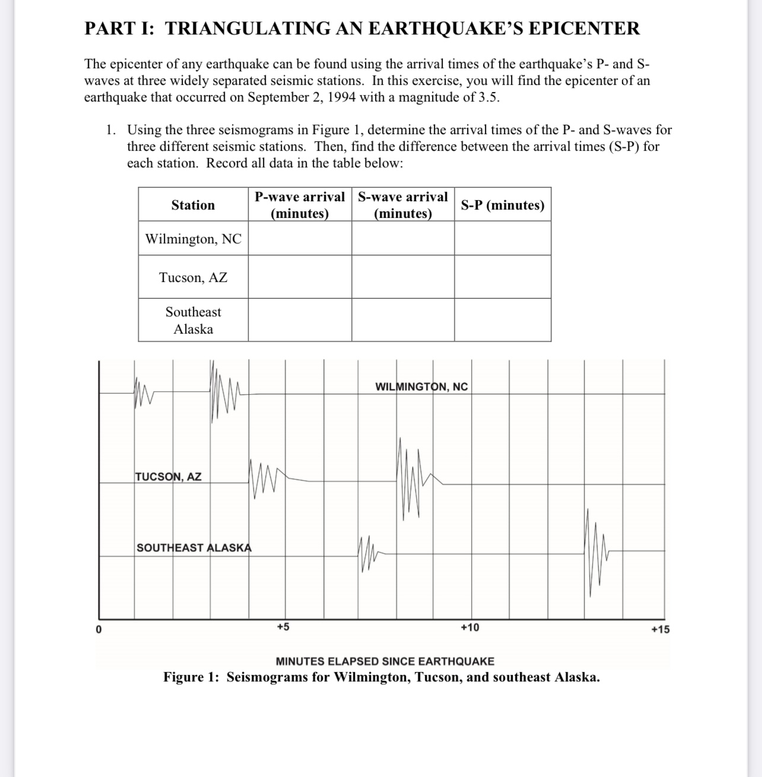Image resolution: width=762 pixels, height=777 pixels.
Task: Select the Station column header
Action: click(x=193, y=205)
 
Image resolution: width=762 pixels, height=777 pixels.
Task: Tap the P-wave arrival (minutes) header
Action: click(x=300, y=205)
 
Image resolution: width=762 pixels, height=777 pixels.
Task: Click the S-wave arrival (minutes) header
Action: click(x=403, y=205)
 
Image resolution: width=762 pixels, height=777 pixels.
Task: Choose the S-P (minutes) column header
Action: click(x=503, y=205)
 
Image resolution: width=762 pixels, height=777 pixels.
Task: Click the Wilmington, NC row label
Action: click(x=193, y=239)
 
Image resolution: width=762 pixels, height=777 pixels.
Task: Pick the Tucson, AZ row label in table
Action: click(x=193, y=277)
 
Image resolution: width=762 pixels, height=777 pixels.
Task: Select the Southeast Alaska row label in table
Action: click(x=193, y=320)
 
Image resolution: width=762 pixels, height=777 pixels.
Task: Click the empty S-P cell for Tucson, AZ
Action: click(x=503, y=277)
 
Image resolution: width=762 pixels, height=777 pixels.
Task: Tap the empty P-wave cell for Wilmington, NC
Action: click(x=300, y=239)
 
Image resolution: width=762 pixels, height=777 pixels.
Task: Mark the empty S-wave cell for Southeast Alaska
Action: click(x=403, y=320)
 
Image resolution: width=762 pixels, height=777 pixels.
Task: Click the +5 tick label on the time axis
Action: click(x=283, y=627)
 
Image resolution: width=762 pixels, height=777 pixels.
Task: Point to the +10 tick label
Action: click(x=469, y=627)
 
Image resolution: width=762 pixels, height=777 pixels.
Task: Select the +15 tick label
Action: click(x=660, y=629)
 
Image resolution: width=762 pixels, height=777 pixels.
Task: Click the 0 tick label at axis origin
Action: click(x=99, y=629)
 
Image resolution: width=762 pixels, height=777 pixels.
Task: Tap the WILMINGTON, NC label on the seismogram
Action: click(x=421, y=387)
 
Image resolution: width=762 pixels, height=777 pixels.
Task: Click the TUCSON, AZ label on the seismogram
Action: click(x=169, y=477)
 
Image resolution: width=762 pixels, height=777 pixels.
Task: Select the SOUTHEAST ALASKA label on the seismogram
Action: click(x=194, y=547)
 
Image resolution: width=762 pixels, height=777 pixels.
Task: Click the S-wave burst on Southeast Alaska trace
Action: click(x=595, y=552)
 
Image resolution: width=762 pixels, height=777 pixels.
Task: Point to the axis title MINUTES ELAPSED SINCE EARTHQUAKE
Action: click(x=385, y=661)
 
